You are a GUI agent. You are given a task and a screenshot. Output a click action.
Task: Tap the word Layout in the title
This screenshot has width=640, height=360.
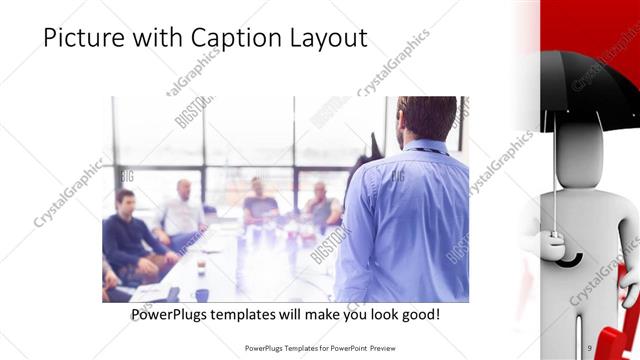pyautogui.click(x=326, y=38)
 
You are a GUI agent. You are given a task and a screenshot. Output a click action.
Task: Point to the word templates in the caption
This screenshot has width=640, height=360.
pyautogui.click(x=253, y=315)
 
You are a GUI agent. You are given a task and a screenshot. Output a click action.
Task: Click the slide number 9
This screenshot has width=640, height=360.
pyautogui.click(x=590, y=348)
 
